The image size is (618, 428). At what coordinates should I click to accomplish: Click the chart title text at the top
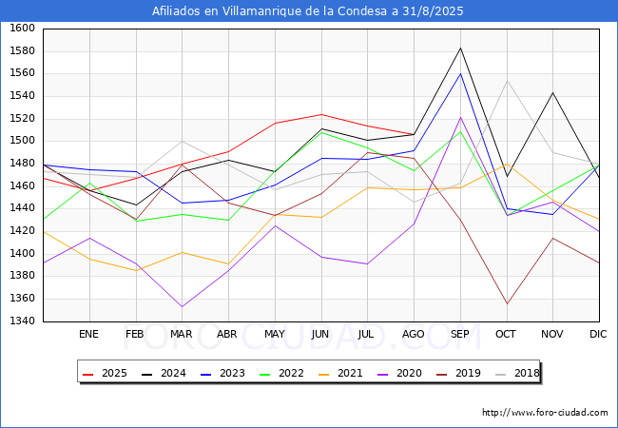coord(308,11)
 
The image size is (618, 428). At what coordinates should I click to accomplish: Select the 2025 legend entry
coord(105,373)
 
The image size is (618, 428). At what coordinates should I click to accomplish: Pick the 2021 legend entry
coord(340,373)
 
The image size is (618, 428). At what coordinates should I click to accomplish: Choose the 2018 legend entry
coord(517,373)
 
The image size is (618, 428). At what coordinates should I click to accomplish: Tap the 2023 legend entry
coord(222,373)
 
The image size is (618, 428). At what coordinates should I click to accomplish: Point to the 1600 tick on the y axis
coord(22,29)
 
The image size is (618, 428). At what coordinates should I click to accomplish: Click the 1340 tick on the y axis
coord(22,321)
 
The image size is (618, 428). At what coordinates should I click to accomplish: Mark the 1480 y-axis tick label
coord(22,164)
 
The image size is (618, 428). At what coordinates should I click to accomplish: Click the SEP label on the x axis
coord(459,334)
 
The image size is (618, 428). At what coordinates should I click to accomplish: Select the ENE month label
coord(88,334)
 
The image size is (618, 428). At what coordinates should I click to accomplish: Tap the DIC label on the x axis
coord(598,334)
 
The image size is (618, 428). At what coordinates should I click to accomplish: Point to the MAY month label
coord(275,334)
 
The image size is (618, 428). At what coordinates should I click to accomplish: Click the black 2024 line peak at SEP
coord(460,49)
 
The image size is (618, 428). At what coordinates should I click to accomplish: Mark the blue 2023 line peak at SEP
coord(460,73)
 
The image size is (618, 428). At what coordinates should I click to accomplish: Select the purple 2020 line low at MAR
coord(183,306)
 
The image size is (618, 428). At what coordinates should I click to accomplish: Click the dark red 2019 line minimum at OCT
coord(507,303)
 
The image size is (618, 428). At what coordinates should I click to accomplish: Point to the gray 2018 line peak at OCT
coord(507,81)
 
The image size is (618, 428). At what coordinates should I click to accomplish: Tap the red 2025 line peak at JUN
coord(321,115)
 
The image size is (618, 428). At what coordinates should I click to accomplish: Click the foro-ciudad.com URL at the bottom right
coord(545,413)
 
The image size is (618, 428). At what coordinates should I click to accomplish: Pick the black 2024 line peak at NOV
coord(553,92)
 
